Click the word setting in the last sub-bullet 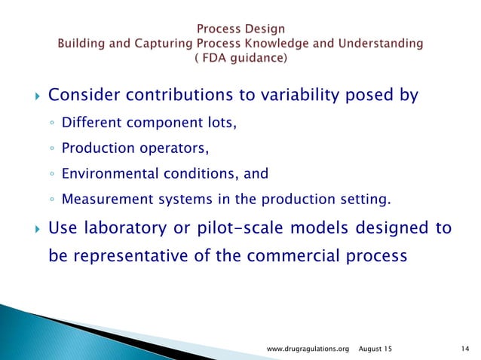368,200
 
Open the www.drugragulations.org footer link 309,348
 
